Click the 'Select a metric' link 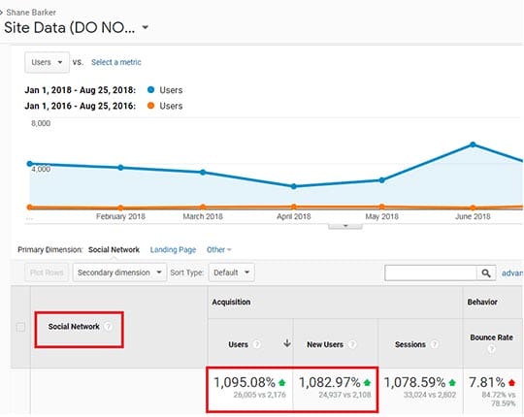click(115, 62)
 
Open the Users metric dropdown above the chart click(48, 62)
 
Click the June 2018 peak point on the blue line click(473, 144)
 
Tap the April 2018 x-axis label click(292, 216)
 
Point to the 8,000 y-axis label click(41, 124)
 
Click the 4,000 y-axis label click(41, 169)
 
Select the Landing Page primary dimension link click(173, 250)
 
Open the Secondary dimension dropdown click(120, 273)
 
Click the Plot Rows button click(46, 273)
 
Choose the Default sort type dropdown click(233, 273)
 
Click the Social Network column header click(74, 327)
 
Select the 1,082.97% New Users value click(330, 382)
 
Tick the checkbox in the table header click(20, 327)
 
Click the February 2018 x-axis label click(121, 216)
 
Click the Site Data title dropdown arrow click(145, 28)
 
